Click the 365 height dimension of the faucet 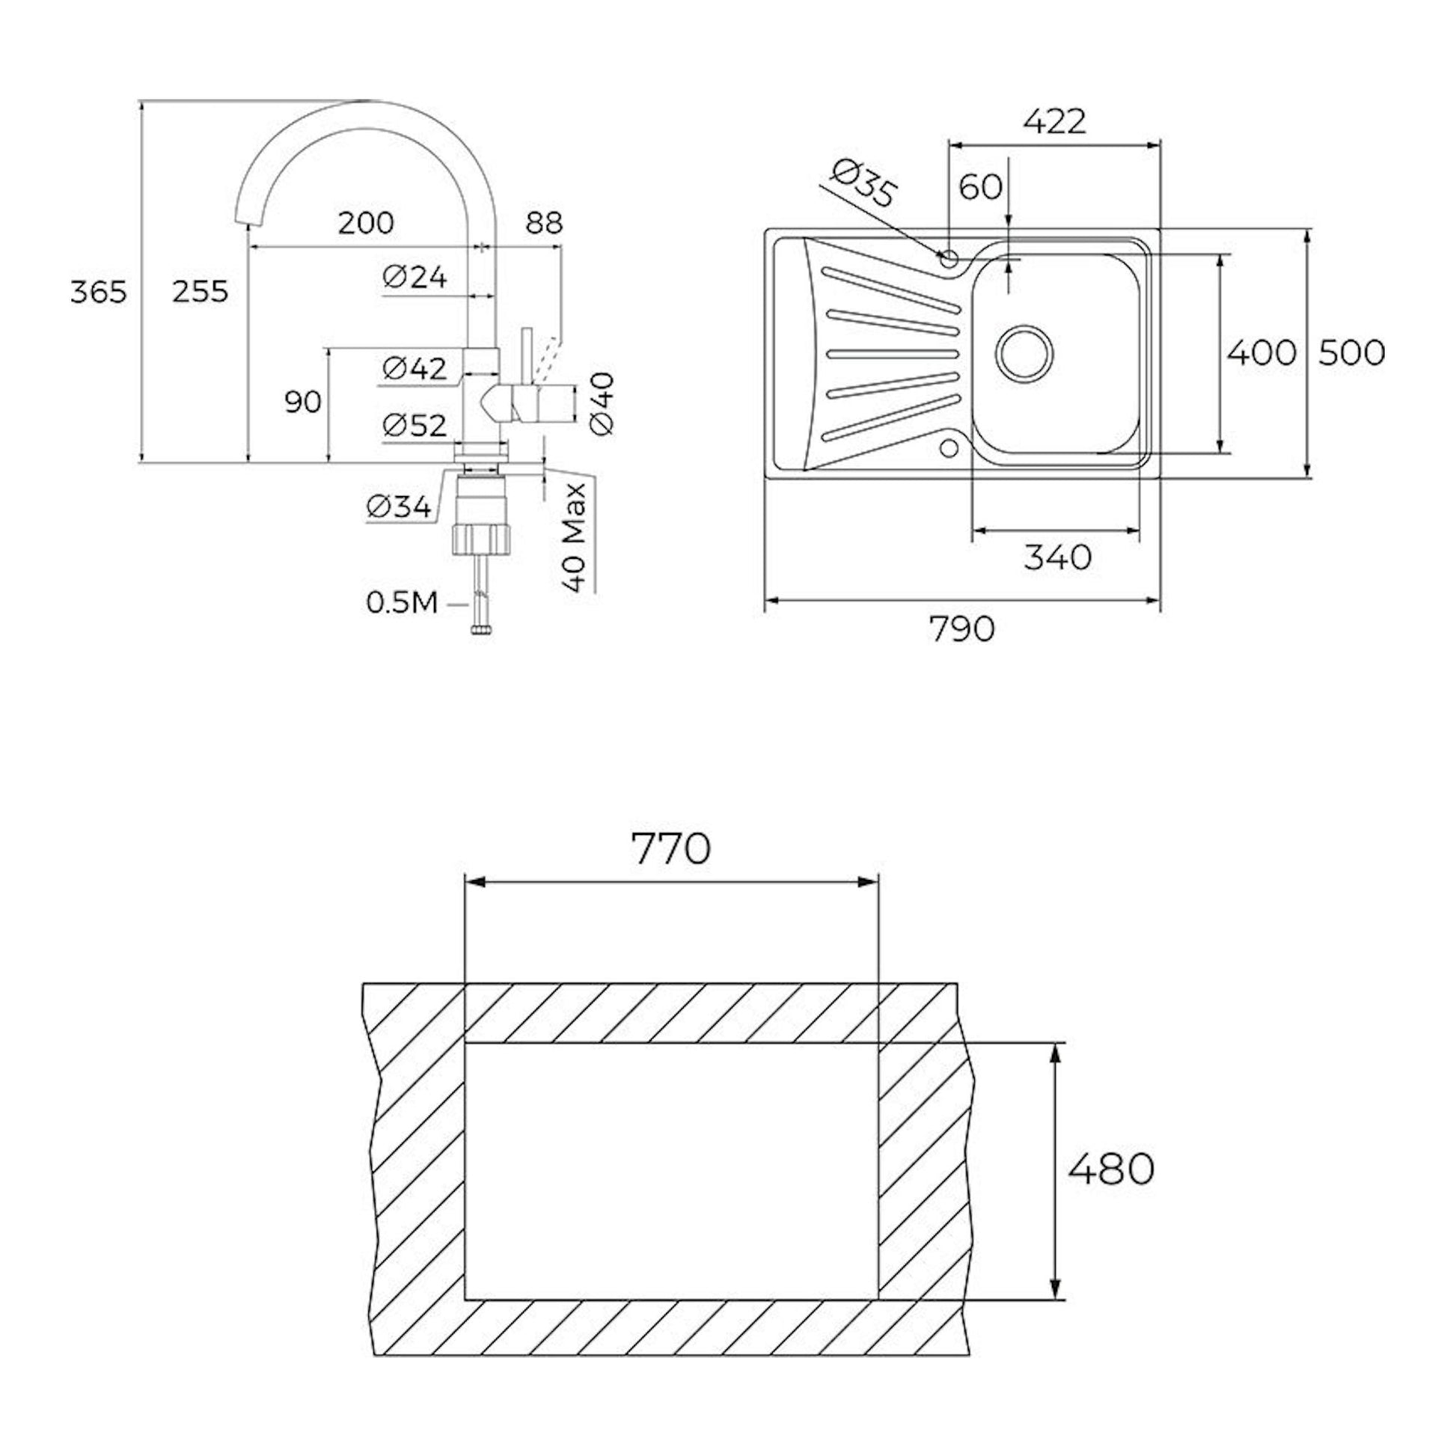[x=99, y=291]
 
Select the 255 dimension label [x=200, y=291]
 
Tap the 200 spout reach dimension [x=366, y=222]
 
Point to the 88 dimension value [x=544, y=222]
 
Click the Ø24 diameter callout [x=415, y=278]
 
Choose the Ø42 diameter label [x=415, y=368]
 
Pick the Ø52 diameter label [x=415, y=426]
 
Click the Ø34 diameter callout [x=400, y=507]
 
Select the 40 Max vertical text [x=575, y=536]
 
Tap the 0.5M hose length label [x=403, y=603]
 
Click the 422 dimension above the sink [x=1054, y=121]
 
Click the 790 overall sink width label [x=962, y=628]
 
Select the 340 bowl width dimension [x=1057, y=557]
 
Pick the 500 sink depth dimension [x=1351, y=352]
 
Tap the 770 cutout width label [x=670, y=848]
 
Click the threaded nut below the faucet [x=480, y=540]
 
